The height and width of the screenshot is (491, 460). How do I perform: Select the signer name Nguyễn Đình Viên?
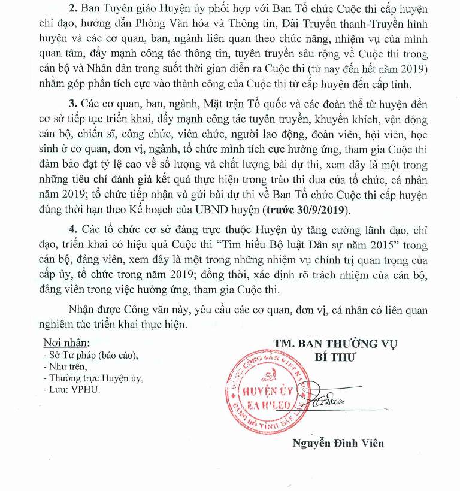pos(338,444)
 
